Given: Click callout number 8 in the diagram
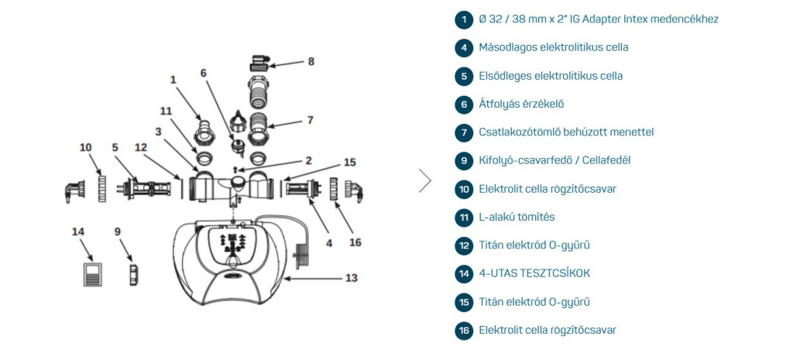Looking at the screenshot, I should [311, 61].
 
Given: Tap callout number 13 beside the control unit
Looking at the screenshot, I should [351, 276].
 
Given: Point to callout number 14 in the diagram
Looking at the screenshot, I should [77, 231].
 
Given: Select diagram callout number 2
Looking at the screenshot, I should [308, 160].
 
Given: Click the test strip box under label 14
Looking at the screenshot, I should [92, 274].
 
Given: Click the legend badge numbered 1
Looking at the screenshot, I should [464, 19].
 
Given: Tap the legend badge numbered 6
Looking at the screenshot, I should [464, 104].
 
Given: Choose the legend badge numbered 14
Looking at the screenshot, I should [464, 273].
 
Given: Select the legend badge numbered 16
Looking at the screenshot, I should [464, 331].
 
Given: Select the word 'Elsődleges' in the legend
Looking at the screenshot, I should [504, 76].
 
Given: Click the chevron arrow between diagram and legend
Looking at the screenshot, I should [424, 180].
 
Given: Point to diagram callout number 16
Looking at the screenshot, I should [355, 242].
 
